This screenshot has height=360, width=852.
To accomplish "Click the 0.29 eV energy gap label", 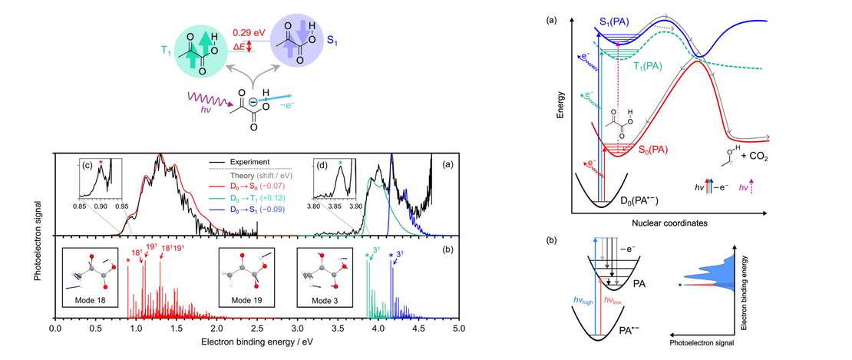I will (251, 35).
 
